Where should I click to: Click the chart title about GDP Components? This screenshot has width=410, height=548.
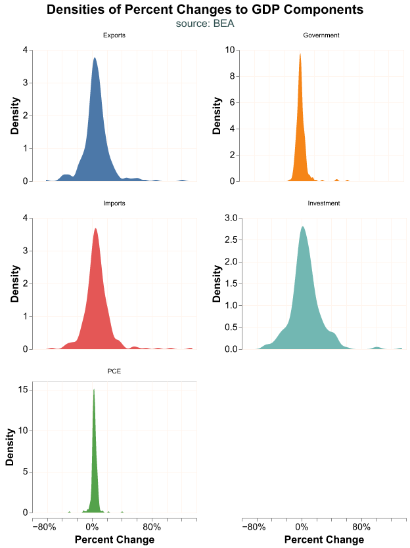205,10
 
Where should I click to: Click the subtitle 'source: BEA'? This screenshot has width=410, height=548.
205,24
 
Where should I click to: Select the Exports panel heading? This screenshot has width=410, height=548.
114,35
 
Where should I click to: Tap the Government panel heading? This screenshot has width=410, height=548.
321,35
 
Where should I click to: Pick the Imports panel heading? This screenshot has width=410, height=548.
114,203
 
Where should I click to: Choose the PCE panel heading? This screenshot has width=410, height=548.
114,371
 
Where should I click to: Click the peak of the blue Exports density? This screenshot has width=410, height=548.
95,58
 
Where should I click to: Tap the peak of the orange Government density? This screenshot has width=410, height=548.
300,54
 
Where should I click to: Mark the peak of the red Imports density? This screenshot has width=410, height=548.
95,229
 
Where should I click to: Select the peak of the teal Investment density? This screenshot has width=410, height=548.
302,227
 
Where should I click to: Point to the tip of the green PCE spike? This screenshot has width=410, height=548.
94,390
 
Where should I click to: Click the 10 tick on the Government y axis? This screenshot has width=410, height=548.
230,50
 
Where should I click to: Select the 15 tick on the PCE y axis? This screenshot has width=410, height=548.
24,390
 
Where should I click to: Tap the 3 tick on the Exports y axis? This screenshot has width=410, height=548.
25,83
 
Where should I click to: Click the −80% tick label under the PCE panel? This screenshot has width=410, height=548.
44,527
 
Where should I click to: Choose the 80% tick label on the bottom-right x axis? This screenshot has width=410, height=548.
361,527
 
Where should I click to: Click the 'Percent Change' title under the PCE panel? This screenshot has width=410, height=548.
115,539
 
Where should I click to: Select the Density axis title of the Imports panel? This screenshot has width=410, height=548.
14,284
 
